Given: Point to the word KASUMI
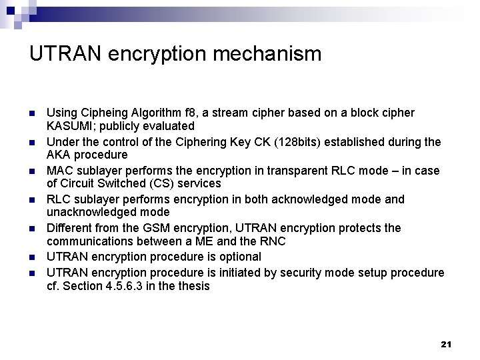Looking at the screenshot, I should pos(67,125).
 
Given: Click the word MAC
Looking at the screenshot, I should pos(59,171).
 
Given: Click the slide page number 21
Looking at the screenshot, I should pos(446,344).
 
